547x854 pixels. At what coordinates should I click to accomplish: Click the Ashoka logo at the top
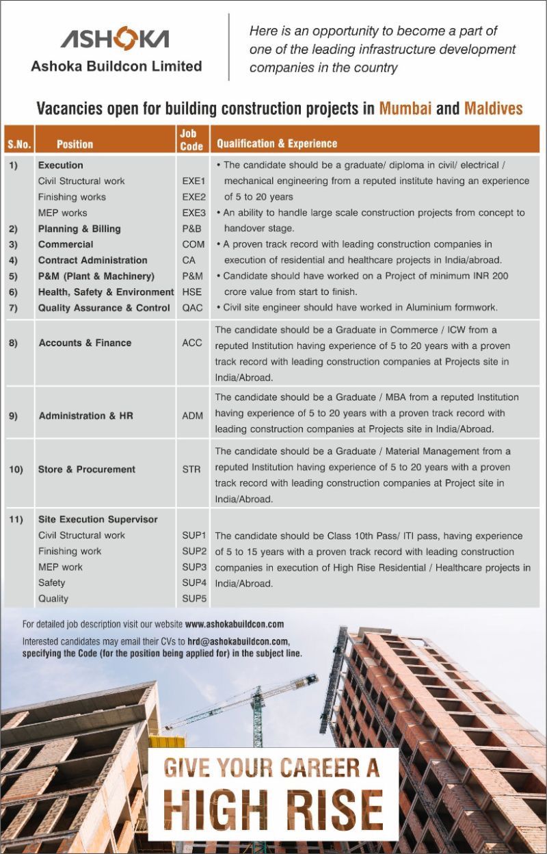pos(115,40)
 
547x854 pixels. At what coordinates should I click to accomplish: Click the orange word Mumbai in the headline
pos(405,108)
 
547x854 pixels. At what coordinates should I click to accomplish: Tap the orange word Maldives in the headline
pos(493,108)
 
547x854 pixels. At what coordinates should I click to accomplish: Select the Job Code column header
pos(191,140)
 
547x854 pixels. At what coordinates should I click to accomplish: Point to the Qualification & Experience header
pos(277,144)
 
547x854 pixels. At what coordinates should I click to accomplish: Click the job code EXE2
pos(194,197)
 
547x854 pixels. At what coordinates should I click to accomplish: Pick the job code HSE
pos(191,292)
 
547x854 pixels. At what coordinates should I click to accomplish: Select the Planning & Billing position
pos(79,229)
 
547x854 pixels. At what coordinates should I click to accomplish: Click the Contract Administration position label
pos(92,260)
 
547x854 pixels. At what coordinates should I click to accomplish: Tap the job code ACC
pos(192,343)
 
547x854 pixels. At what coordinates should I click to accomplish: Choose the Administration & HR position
pos(85,415)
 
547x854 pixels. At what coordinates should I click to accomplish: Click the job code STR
pos(191,469)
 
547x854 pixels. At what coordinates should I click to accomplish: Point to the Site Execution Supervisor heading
pos(98,519)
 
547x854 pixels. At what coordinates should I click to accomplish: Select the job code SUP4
pos(194,582)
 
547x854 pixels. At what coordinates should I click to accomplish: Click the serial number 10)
pos(16,469)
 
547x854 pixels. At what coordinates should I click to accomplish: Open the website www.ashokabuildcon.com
pos(235,624)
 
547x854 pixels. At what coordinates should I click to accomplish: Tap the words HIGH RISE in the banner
pos(273,810)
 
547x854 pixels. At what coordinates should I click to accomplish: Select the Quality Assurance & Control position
pos(104,308)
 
